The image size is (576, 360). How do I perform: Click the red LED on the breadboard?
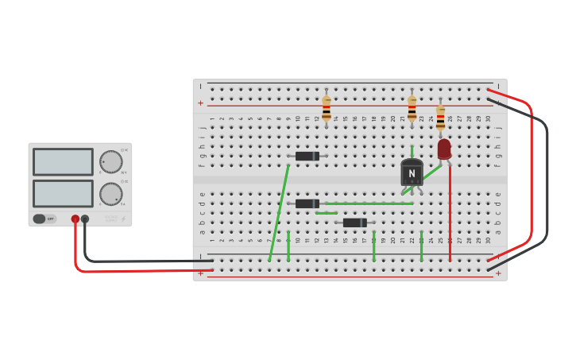(x=444, y=149)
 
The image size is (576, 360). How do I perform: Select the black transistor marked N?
(x=412, y=172)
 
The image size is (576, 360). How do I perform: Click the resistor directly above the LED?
(x=440, y=117)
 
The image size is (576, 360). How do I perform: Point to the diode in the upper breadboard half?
(x=307, y=156)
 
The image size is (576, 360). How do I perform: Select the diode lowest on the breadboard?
(x=354, y=223)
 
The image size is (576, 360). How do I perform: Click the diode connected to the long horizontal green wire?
(x=307, y=203)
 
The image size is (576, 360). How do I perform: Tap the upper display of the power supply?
(x=63, y=162)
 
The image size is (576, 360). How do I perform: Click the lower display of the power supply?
(x=63, y=193)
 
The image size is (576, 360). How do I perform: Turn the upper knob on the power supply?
(x=110, y=162)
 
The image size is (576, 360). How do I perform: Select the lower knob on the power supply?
(x=110, y=193)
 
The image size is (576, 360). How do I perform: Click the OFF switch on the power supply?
(x=44, y=219)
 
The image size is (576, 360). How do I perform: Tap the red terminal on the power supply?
(x=75, y=219)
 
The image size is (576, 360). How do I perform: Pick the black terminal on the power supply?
(x=85, y=219)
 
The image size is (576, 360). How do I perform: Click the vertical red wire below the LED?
(x=450, y=215)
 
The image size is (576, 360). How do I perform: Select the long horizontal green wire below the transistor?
(x=369, y=203)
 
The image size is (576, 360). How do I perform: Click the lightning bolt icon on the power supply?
(x=123, y=219)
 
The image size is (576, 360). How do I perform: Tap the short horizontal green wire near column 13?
(x=327, y=213)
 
